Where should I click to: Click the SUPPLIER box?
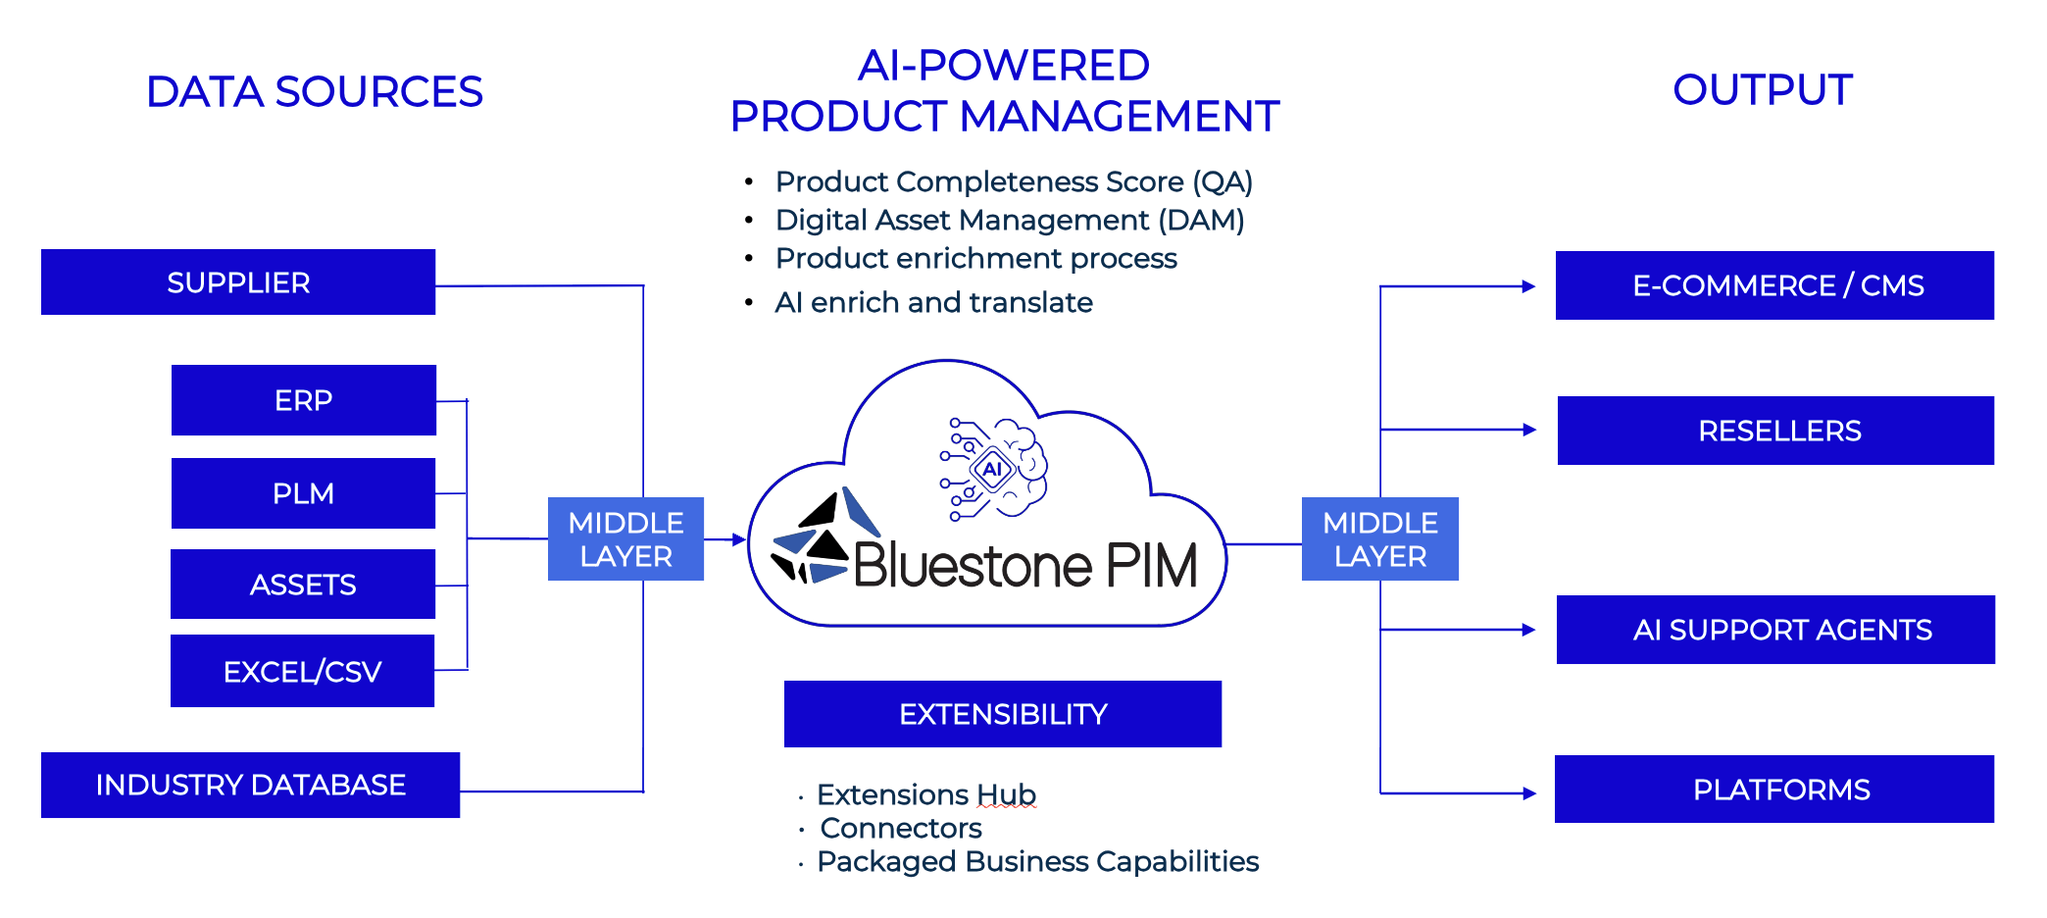(x=238, y=282)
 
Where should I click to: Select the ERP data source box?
(x=304, y=400)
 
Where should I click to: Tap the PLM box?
(x=304, y=493)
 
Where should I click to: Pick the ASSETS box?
(x=303, y=585)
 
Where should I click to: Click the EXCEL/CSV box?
(x=302, y=672)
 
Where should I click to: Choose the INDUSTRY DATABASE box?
(x=250, y=785)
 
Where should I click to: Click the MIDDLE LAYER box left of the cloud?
(x=625, y=539)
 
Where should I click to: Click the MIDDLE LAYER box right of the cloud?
(x=1379, y=539)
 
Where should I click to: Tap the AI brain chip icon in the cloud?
(x=994, y=469)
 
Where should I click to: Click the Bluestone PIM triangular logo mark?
(x=814, y=539)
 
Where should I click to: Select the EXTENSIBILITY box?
(x=1003, y=714)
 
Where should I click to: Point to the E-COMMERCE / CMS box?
(x=1774, y=285)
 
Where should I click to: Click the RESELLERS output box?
(x=1775, y=431)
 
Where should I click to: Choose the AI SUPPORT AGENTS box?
(x=1775, y=630)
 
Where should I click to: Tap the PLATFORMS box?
(x=1774, y=790)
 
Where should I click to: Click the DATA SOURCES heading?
(x=314, y=92)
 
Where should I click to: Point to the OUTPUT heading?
(x=1762, y=90)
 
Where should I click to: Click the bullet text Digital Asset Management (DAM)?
(x=1009, y=221)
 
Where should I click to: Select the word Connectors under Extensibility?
(x=900, y=829)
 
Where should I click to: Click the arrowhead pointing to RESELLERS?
(x=1528, y=430)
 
